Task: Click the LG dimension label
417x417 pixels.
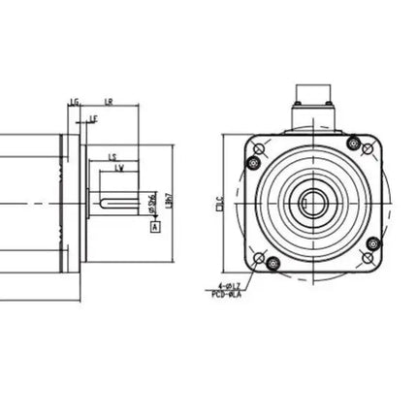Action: pos(74,101)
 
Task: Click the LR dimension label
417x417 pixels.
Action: pos(109,101)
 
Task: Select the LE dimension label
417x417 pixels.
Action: pos(93,119)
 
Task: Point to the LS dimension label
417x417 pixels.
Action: pos(112,157)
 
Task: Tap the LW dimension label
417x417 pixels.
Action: pos(119,169)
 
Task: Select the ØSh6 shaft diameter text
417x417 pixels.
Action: pos(151,202)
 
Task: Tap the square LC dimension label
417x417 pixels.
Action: pos(220,203)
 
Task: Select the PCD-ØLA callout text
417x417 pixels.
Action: pos(227,294)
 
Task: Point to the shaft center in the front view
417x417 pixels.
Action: pos(311,203)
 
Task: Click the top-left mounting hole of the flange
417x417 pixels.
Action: pos(259,148)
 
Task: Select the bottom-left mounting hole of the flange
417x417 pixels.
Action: pos(259,258)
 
